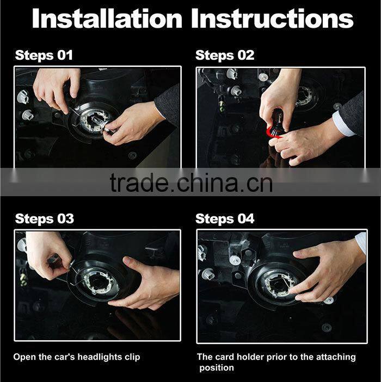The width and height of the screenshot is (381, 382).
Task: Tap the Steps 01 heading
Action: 44,55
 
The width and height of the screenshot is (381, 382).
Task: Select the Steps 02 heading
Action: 225,55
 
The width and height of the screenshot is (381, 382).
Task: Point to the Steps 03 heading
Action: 44,219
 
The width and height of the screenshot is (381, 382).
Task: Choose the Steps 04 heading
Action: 225,219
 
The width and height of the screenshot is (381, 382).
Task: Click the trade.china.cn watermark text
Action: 190,183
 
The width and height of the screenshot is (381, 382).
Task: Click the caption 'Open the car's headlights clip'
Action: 77,357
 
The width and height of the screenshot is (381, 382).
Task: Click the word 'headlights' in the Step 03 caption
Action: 98,357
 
